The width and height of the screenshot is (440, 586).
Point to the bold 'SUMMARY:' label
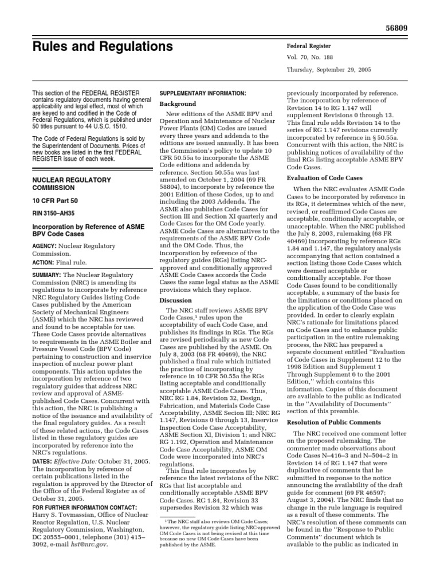(48, 275)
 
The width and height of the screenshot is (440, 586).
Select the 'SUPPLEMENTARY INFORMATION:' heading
(202, 93)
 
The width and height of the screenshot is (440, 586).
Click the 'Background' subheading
(178, 104)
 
